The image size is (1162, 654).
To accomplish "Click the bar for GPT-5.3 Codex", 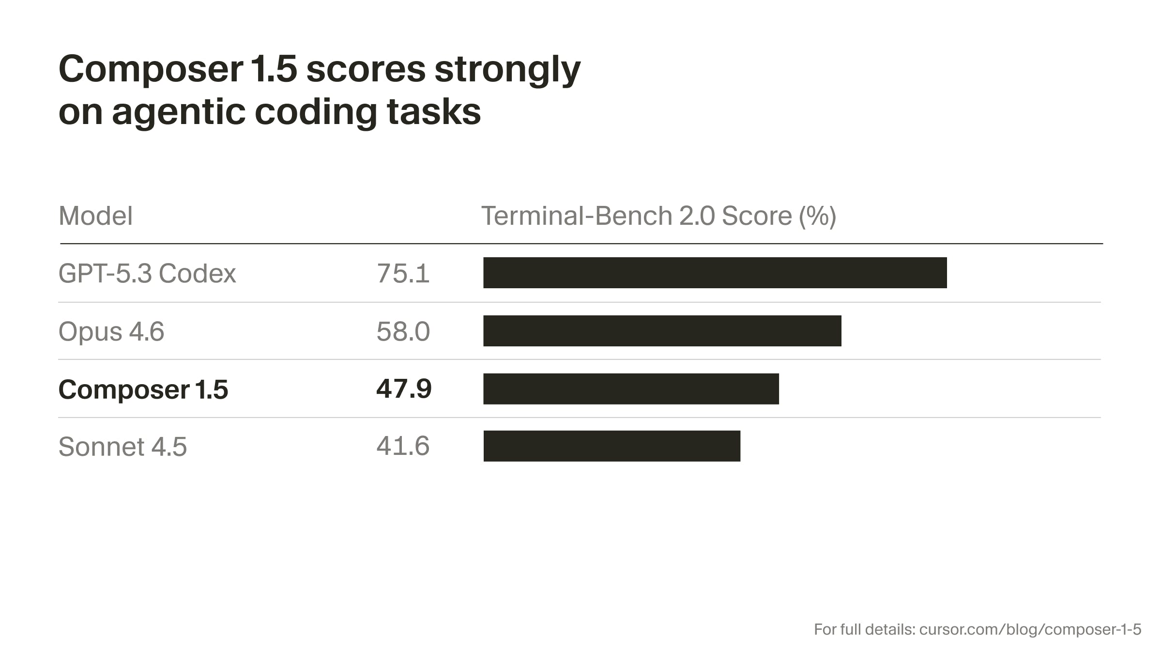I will click(715, 273).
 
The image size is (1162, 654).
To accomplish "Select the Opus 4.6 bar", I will click(662, 331).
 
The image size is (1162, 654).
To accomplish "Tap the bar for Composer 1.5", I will click(631, 389).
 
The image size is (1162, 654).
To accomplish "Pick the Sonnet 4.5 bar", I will click(612, 446).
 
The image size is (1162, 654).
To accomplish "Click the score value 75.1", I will click(403, 273).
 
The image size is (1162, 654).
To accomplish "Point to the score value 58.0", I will click(403, 331).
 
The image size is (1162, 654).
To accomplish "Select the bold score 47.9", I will click(404, 389).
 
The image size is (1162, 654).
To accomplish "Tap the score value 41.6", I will click(403, 446).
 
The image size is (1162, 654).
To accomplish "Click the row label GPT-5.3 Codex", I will click(147, 273).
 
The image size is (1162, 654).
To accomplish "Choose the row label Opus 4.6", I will click(111, 331).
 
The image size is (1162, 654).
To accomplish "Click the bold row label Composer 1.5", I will click(143, 389).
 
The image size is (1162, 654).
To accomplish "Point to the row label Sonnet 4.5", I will click(122, 446).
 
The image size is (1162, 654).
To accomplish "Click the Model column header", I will click(95, 216).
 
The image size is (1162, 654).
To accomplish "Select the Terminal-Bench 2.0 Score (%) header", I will click(658, 216).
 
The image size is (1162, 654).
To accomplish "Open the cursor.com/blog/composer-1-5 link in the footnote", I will click(1030, 629).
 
